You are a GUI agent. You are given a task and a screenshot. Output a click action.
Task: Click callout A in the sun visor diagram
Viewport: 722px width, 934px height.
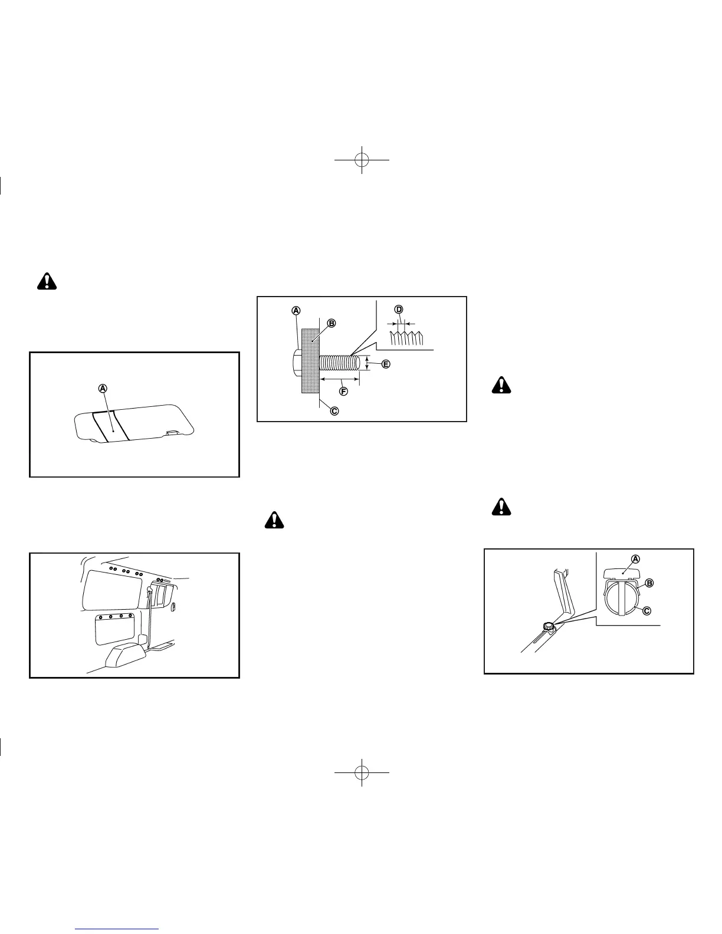pyautogui.click(x=103, y=388)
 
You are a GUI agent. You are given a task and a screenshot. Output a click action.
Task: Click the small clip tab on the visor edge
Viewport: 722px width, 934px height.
pyautogui.click(x=172, y=432)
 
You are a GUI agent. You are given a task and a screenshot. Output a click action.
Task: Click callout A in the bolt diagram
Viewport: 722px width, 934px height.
pyautogui.click(x=296, y=310)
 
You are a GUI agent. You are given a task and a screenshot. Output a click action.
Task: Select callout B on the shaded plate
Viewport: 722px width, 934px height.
pyautogui.click(x=332, y=323)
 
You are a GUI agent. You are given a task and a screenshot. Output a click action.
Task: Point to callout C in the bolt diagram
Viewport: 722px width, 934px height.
pyautogui.click(x=334, y=410)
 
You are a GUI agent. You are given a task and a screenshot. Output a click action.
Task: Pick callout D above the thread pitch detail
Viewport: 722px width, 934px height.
pyautogui.click(x=399, y=310)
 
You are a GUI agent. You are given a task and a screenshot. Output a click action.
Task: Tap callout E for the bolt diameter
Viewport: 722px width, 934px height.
pyautogui.click(x=386, y=364)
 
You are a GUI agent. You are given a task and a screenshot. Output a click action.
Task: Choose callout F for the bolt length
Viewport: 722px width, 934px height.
pyautogui.click(x=342, y=391)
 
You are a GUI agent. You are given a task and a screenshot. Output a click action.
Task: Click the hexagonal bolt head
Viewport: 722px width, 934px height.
pyautogui.click(x=297, y=360)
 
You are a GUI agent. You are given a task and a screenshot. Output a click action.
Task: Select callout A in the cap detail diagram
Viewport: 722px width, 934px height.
pyautogui.click(x=635, y=558)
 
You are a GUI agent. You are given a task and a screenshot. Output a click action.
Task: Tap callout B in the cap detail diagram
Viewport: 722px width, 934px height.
pyautogui.click(x=649, y=583)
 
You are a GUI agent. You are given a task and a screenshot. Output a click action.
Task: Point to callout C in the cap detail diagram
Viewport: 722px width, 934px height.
pyautogui.click(x=646, y=610)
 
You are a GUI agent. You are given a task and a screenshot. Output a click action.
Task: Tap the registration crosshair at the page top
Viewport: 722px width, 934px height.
pyautogui.click(x=362, y=159)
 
